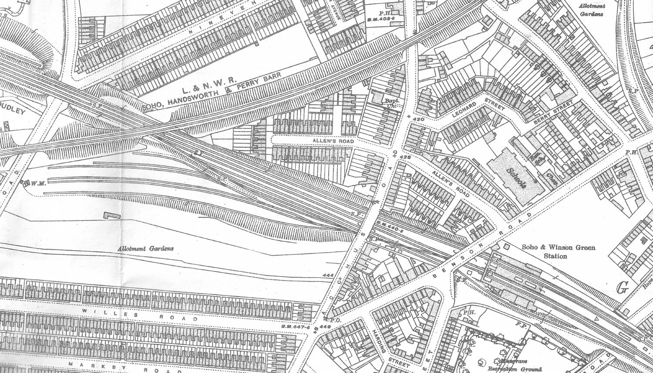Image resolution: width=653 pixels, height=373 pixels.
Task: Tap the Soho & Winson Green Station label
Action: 552,252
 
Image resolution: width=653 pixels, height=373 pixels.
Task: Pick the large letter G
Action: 623,288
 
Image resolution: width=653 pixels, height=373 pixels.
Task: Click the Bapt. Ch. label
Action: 377,102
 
